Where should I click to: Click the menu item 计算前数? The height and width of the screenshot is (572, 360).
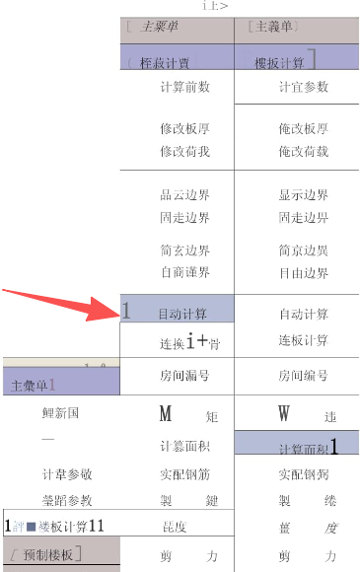184,87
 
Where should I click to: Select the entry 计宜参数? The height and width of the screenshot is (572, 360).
303,87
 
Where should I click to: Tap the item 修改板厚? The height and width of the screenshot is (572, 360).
184,128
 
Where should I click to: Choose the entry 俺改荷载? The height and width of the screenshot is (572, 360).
303,151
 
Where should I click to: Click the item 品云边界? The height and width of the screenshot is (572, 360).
184,195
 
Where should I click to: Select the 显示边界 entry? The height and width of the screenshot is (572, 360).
303,195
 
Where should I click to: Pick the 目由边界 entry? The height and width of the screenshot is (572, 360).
303,271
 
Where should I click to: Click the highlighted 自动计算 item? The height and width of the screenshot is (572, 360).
182,314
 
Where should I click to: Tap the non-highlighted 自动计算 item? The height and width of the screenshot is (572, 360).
303,314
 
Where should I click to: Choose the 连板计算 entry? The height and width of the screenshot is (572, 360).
303,340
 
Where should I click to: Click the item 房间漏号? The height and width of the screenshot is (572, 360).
184,376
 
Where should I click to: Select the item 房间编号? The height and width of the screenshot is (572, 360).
303,376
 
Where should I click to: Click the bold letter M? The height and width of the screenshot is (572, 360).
166,414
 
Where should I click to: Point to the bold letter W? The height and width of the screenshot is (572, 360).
284,414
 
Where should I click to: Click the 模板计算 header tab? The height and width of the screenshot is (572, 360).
280,62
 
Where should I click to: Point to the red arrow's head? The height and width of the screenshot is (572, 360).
117,314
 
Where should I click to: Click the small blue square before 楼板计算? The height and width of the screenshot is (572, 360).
32,526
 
